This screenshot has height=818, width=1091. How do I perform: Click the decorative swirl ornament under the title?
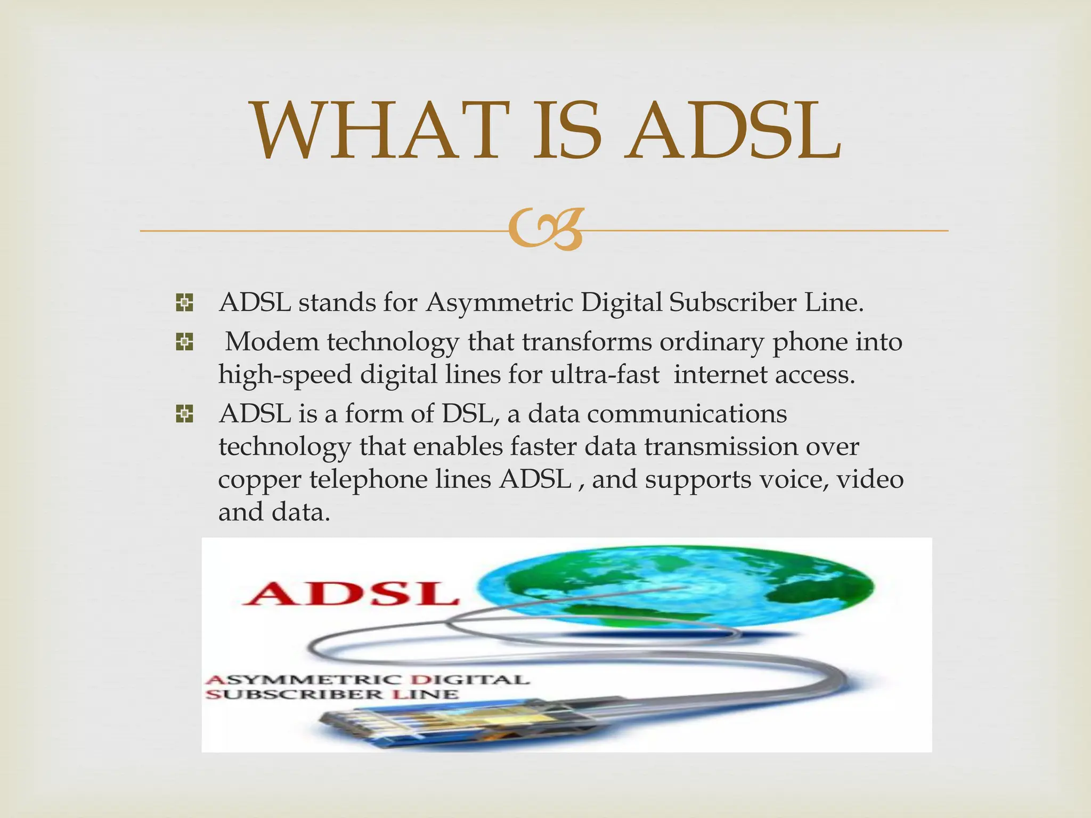[544, 230]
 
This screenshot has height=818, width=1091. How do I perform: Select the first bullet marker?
[184, 304]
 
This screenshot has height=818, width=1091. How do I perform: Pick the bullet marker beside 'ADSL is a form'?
[184, 414]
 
